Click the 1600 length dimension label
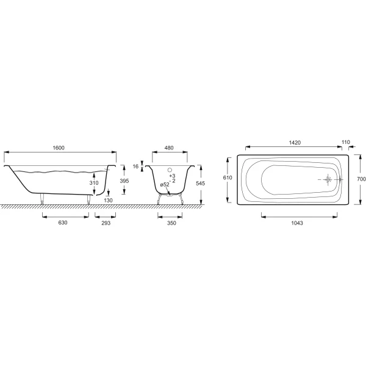[x=59, y=148]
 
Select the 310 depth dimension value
[x=94, y=183]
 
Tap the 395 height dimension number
[x=124, y=181]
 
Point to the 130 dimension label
[x=109, y=200]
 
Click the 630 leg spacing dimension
[x=63, y=223]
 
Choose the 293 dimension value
[x=106, y=223]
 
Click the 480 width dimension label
[x=169, y=148]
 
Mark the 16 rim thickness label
[x=135, y=167]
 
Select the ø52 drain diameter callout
[x=165, y=185]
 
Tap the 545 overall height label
[x=200, y=184]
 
